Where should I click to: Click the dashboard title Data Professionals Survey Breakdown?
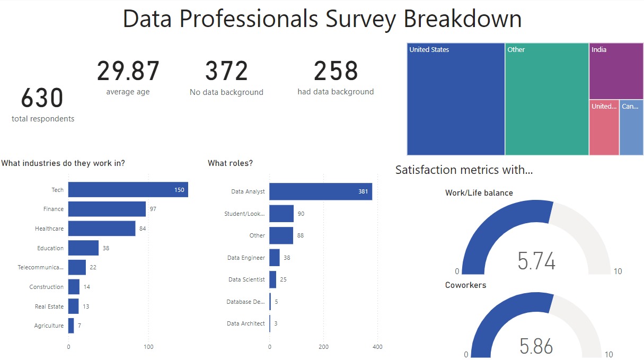tap(322, 19)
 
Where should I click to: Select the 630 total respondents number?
tap(42, 99)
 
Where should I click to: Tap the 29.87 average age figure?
tap(128, 72)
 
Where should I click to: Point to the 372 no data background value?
tap(226, 72)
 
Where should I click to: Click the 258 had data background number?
tap(336, 72)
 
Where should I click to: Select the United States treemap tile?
tap(456, 99)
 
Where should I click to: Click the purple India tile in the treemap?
tap(616, 71)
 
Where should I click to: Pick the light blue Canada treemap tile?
tap(631, 127)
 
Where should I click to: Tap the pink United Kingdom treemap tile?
tap(604, 127)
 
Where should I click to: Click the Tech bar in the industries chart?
tap(128, 190)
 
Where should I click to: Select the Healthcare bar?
tap(102, 229)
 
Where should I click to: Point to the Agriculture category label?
tap(49, 326)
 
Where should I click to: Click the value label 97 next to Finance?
tap(153, 209)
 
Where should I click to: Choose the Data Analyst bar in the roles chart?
tap(320, 191)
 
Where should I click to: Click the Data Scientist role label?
tap(246, 279)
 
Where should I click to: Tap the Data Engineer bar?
tap(275, 258)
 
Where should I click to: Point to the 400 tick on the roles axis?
tap(377, 347)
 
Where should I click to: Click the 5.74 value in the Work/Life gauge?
tap(536, 261)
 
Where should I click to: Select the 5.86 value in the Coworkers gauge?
tap(536, 346)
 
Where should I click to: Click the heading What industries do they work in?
tap(63, 163)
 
